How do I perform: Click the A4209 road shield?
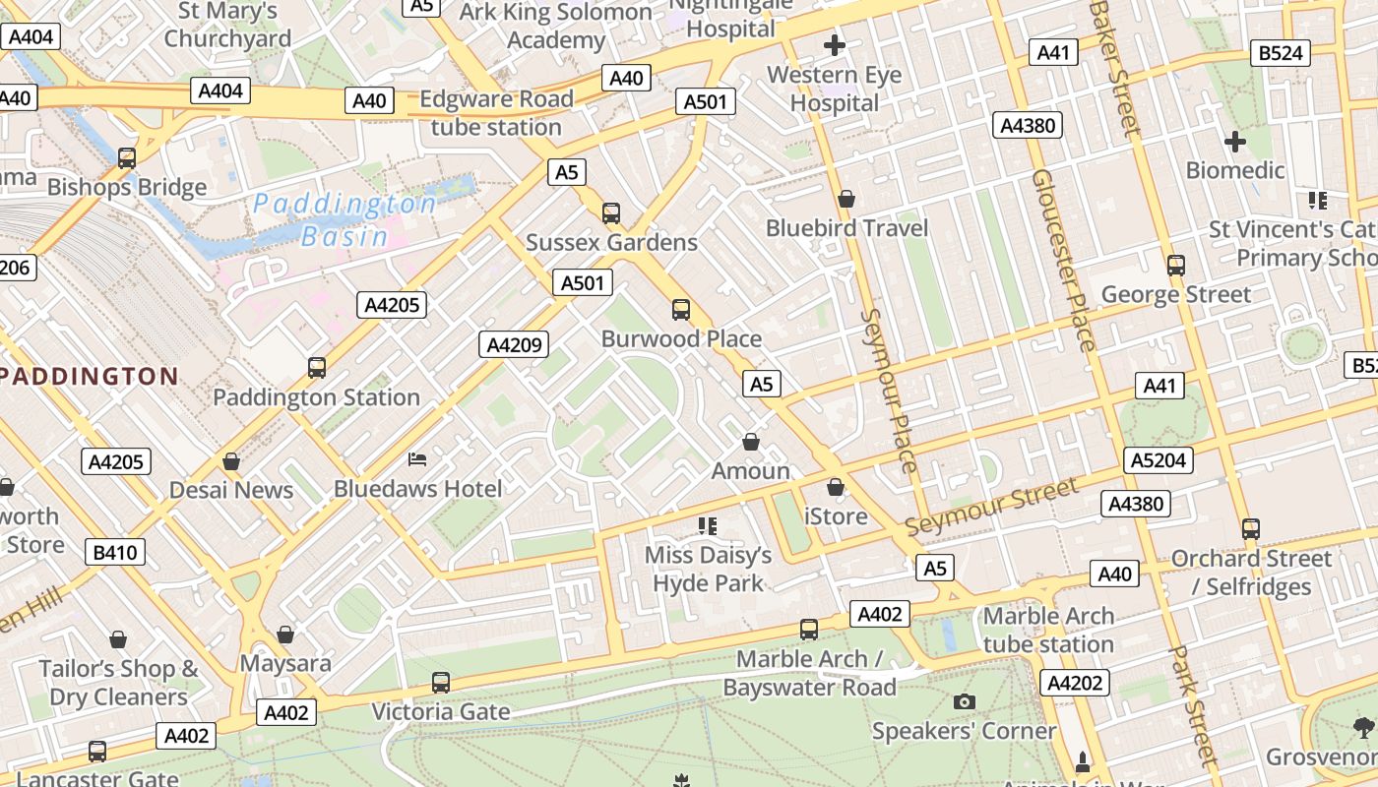pos(513,344)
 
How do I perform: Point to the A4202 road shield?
pos(1075,683)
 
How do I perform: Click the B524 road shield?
pos(1281,52)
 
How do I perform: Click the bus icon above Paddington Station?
pos(316,368)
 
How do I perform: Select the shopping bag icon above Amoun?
pos(751,442)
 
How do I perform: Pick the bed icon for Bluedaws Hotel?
pos(417,459)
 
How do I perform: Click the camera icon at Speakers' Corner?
pos(964,701)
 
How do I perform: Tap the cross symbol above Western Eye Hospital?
pos(835,45)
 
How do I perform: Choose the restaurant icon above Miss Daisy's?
pos(707,526)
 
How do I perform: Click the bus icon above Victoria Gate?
pos(441,682)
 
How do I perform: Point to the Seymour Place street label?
pos(890,391)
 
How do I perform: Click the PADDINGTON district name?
pos(89,376)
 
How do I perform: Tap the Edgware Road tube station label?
pos(496,113)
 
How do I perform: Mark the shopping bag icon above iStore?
pos(836,487)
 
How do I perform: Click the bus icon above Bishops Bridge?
pos(126,158)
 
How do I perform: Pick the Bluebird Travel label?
pos(846,228)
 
